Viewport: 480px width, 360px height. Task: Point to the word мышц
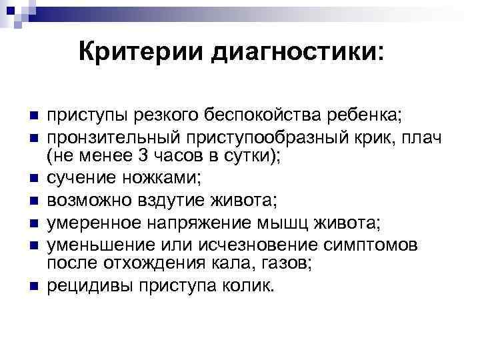(267, 221)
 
